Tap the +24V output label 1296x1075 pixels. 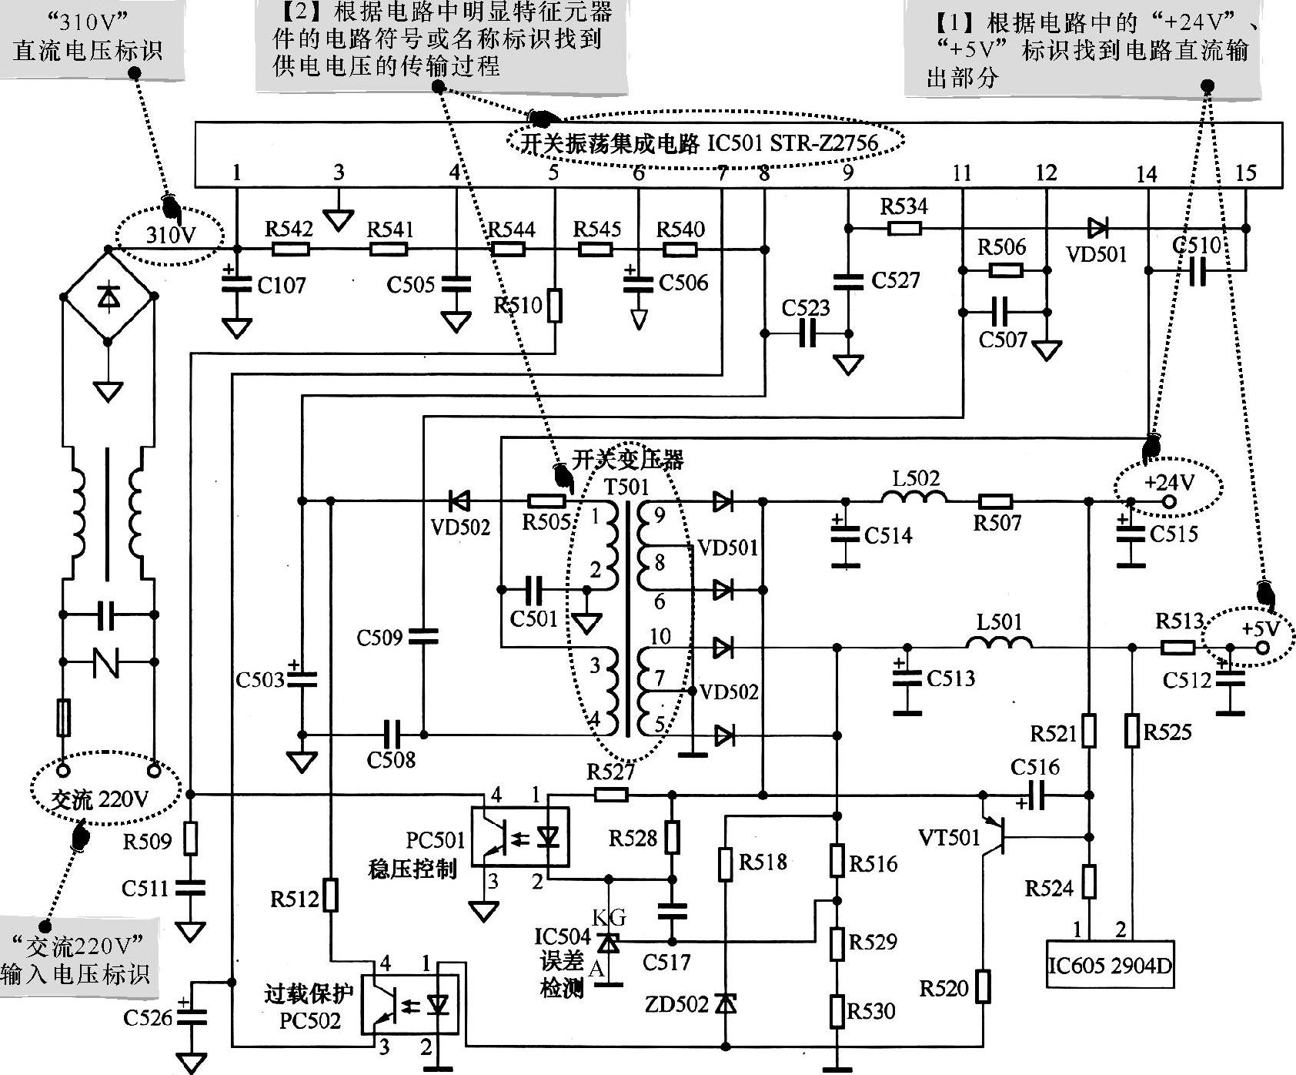click(x=1168, y=483)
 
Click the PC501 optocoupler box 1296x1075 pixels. click(x=519, y=836)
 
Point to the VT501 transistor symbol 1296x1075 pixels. click(x=993, y=836)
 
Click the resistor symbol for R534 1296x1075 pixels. click(x=904, y=228)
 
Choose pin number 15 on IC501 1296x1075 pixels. click(x=1245, y=173)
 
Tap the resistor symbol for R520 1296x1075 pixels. click(x=983, y=986)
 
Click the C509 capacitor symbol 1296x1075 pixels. click(x=423, y=636)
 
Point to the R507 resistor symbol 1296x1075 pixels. click(x=996, y=501)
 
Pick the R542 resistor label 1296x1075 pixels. click(x=289, y=229)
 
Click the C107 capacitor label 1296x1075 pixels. click(x=282, y=286)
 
